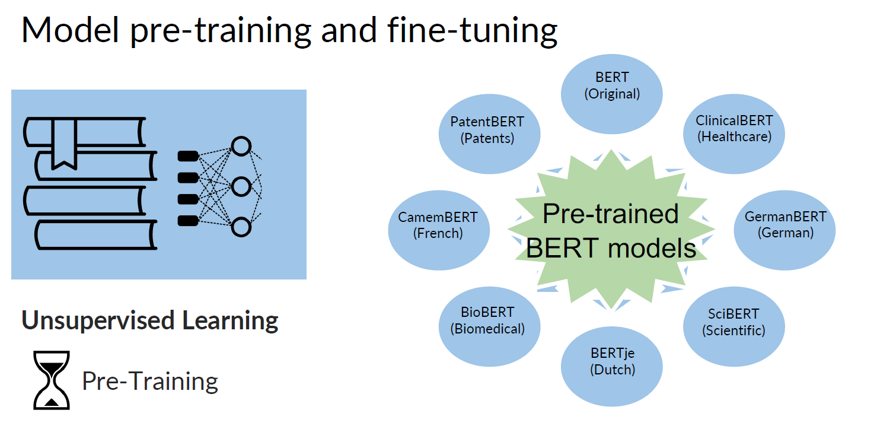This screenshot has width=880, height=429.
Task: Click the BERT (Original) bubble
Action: (612, 86)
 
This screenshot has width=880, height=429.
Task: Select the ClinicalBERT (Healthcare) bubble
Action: (734, 128)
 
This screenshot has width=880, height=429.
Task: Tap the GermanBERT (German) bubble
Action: (785, 224)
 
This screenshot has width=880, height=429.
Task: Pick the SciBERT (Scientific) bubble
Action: (734, 322)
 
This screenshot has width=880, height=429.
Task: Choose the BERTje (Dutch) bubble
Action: (612, 361)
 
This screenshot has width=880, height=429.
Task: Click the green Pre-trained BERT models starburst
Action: (611, 231)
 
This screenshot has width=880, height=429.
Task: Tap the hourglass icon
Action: (52, 380)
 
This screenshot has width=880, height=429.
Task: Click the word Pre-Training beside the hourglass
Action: (150, 381)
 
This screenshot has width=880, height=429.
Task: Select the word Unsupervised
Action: (98, 320)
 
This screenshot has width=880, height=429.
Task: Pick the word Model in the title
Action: (71, 31)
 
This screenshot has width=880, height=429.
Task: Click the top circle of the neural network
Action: (241, 147)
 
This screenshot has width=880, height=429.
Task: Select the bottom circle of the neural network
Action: (241, 227)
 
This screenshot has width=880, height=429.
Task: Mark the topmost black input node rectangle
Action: (188, 156)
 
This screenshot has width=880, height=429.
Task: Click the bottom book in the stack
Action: (95, 235)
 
